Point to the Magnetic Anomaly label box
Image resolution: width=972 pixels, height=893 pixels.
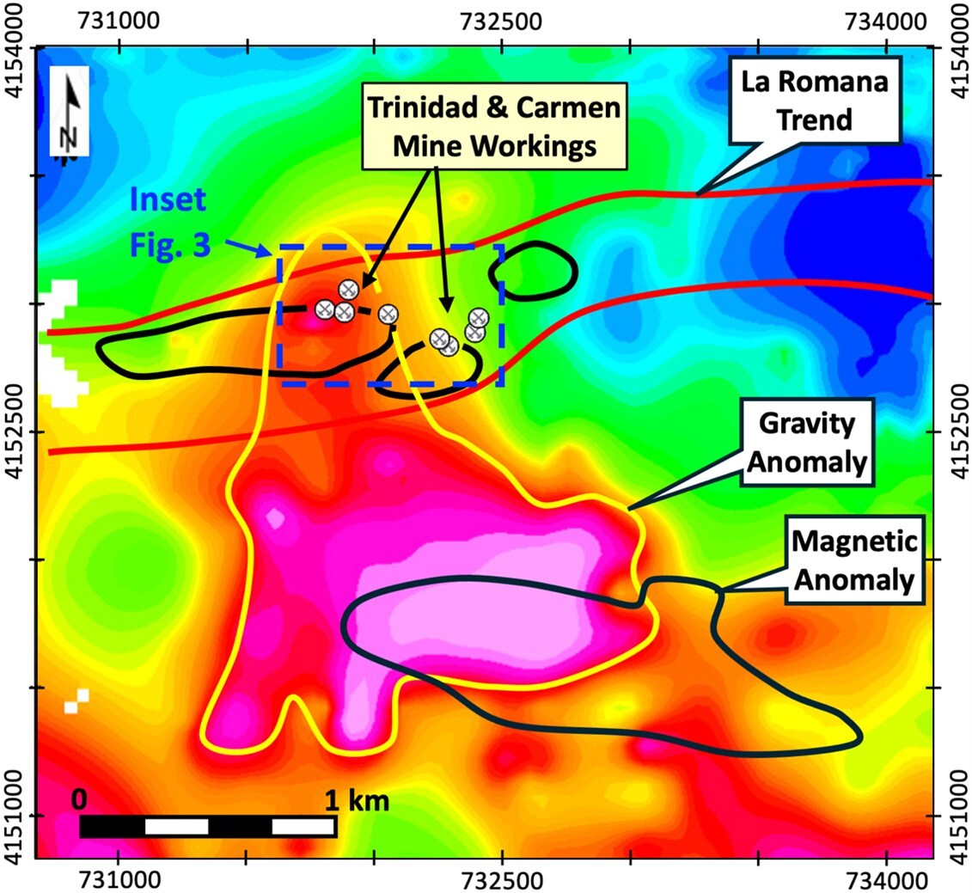pos(852,560)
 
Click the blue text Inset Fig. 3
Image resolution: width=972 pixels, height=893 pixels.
pos(169,223)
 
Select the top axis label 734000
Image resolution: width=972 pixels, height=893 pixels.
pos(886,18)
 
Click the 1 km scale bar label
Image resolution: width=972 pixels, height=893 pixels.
pos(357,801)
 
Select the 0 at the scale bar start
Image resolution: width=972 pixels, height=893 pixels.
pos(78,799)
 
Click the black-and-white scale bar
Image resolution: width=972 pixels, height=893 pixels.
pos(207,826)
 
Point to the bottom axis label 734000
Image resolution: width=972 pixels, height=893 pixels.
pos(886,878)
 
